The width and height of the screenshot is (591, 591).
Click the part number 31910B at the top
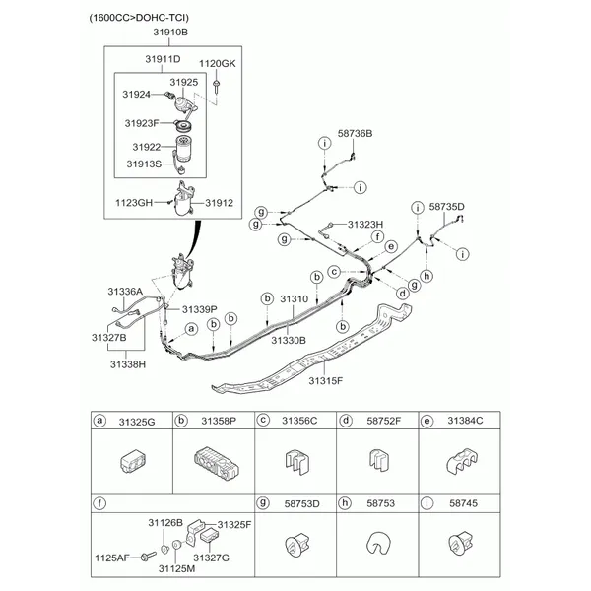click(170, 33)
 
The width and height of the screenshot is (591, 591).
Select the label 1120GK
click(218, 64)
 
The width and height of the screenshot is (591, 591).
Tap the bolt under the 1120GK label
click(217, 87)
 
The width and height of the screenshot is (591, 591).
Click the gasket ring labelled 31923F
click(184, 125)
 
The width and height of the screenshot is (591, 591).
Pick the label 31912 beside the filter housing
click(220, 203)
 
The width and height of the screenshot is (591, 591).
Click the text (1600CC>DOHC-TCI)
click(139, 18)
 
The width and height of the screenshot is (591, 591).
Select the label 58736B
click(355, 133)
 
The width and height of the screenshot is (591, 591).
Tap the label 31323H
click(365, 225)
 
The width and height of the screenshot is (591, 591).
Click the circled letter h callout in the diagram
click(427, 276)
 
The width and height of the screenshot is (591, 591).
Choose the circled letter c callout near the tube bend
click(334, 272)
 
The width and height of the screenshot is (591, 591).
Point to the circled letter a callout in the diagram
click(191, 329)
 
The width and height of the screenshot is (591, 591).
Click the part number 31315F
click(326, 381)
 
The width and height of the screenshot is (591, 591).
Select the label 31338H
click(128, 364)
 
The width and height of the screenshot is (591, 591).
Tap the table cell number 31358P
click(219, 421)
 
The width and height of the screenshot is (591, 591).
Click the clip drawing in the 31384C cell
click(463, 461)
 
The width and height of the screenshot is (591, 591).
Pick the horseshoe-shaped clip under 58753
click(378, 543)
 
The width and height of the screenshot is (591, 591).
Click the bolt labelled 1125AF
click(148, 556)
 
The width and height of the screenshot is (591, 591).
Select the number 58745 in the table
click(463, 503)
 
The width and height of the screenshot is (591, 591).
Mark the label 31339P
click(200, 310)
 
